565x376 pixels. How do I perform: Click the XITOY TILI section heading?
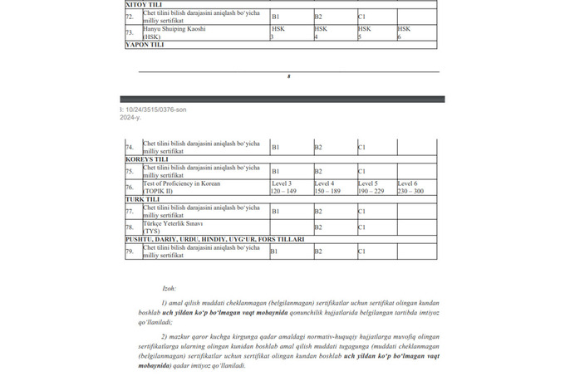click(144, 4)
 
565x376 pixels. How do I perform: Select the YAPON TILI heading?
click(145, 45)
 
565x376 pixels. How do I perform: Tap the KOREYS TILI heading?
click(146, 159)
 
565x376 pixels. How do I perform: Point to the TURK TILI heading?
click(142, 199)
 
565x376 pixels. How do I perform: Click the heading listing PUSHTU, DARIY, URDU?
click(214, 239)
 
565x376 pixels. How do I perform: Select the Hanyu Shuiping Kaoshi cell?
click(174, 33)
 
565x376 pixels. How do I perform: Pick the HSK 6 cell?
click(416, 33)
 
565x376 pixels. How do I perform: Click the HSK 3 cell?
click(291, 33)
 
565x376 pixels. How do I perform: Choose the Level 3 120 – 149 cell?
click(291, 188)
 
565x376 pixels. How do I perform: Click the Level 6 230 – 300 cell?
click(416, 188)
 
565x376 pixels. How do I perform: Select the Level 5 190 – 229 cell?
click(376, 188)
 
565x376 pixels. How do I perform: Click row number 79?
click(130, 251)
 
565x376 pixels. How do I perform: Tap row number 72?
click(130, 17)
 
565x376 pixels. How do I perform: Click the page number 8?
click(288, 76)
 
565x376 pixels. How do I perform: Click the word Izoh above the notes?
click(169, 288)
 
